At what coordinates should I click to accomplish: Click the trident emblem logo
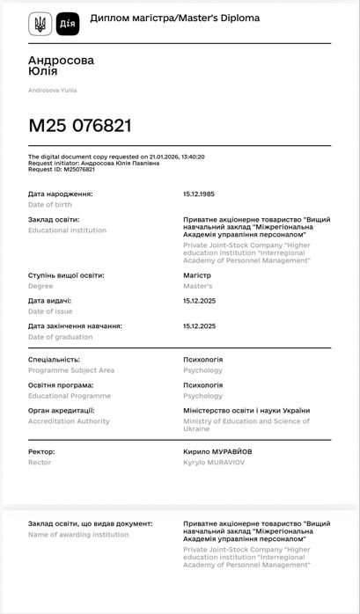pyautogui.click(x=40, y=24)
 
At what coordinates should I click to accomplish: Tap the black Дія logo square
pyautogui.click(x=67, y=24)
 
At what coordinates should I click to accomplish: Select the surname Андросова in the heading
pyautogui.click(x=61, y=60)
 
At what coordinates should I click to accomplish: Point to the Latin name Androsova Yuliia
pyautogui.click(x=53, y=90)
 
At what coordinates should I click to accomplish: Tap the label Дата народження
pyautogui.click(x=60, y=194)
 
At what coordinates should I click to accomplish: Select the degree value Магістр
pyautogui.click(x=198, y=275)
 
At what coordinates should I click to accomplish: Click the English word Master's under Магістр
pyautogui.click(x=197, y=286)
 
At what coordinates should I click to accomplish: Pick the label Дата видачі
pyautogui.click(x=50, y=301)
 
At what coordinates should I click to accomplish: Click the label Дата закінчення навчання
pyautogui.click(x=75, y=326)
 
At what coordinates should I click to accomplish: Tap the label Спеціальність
pyautogui.click(x=54, y=360)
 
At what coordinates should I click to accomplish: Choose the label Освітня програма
pyautogui.click(x=60, y=385)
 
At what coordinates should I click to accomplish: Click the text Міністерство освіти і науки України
pyautogui.click(x=246, y=411)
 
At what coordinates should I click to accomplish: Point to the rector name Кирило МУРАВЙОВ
pyautogui.click(x=217, y=451)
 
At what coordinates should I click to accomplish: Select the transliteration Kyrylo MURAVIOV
pyautogui.click(x=216, y=462)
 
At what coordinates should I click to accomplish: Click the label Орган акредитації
pyautogui.click(x=61, y=411)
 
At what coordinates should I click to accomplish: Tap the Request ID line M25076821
pyautogui.click(x=61, y=169)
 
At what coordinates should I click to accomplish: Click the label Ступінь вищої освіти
pyautogui.click(x=66, y=275)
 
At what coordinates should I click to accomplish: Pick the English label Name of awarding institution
pyautogui.click(x=78, y=534)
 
